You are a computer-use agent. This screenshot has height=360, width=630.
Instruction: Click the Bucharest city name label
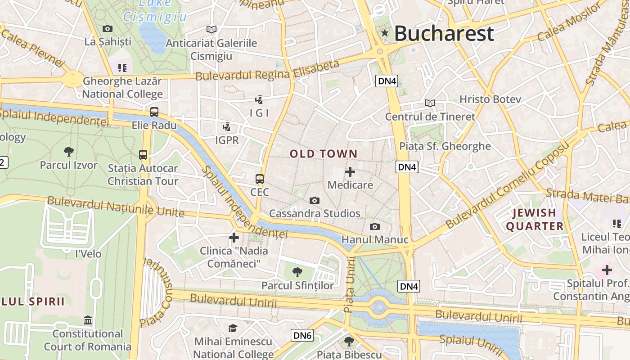[444, 34]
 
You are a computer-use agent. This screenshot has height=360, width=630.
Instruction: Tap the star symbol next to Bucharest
[385, 33]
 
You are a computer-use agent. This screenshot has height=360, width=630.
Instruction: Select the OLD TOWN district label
[324, 154]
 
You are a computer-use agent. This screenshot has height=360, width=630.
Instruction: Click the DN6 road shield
[301, 335]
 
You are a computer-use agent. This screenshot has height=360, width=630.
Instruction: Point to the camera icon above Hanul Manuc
[374, 226]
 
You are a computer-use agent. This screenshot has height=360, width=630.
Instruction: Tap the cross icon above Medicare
[350, 172]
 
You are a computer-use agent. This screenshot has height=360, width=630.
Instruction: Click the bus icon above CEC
[260, 179]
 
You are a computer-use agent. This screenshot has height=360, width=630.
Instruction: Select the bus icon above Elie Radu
[154, 112]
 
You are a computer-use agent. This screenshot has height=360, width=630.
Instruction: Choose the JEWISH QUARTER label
[535, 219]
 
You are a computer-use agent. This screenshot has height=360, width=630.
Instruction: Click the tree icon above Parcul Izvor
[69, 151]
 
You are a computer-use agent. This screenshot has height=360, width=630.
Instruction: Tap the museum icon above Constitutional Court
[88, 320]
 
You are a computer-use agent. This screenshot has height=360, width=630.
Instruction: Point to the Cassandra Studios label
[315, 213]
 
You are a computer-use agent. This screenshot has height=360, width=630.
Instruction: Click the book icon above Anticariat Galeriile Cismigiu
[211, 30]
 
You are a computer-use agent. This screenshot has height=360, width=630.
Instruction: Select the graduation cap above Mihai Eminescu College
[233, 328]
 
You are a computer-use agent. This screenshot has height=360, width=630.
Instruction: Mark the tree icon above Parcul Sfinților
[297, 272]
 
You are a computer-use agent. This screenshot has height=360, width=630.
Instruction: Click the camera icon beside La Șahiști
[108, 29]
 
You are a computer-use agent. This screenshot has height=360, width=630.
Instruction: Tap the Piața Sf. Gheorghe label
[445, 146]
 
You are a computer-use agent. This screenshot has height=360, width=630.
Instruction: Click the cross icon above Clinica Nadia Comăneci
[234, 237]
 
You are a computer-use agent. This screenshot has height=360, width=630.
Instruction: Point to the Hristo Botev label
[490, 99]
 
